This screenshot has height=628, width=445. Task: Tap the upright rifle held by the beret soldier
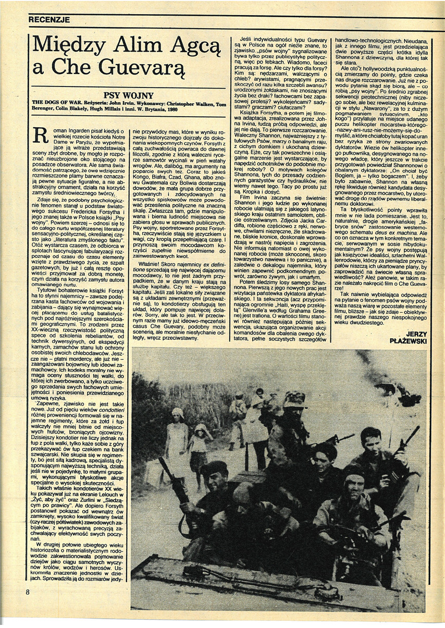pyautogui.click(x=171, y=474)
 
